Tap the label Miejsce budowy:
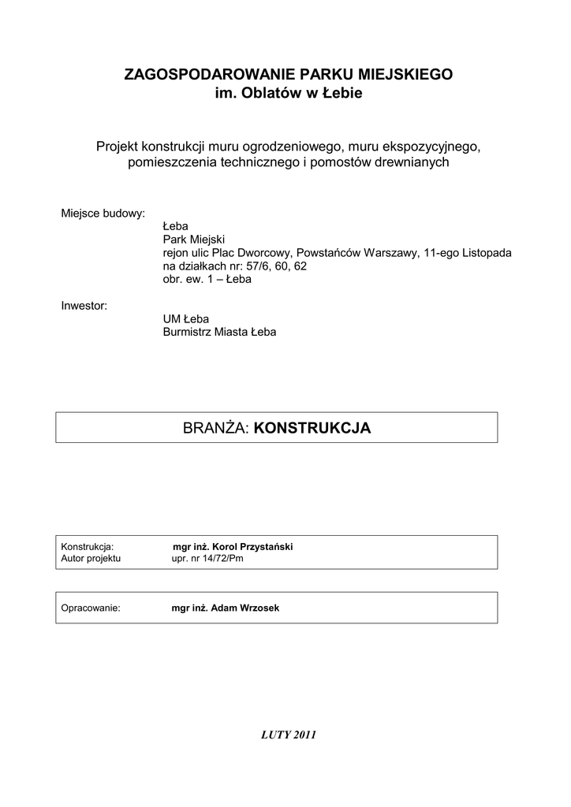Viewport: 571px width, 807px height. (103, 214)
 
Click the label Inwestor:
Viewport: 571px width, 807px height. (84, 305)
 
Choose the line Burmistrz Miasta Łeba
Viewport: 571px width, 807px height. (219, 332)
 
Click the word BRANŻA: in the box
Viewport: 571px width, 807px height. (216, 428)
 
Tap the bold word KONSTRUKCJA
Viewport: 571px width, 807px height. (313, 428)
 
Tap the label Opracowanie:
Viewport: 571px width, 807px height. (91, 608)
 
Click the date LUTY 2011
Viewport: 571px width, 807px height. (288, 735)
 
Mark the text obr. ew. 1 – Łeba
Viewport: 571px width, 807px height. (207, 280)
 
